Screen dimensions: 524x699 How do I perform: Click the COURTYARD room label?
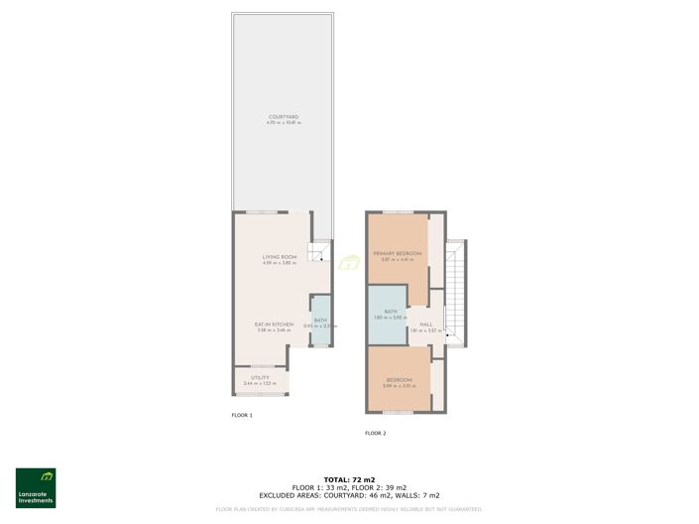click(283, 117)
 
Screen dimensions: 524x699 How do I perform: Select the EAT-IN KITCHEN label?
click(274, 324)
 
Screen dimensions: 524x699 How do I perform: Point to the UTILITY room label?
click(260, 377)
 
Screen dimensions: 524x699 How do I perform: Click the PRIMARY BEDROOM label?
click(398, 254)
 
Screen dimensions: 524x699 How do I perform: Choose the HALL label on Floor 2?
click(425, 325)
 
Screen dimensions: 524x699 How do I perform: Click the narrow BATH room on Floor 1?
click(320, 322)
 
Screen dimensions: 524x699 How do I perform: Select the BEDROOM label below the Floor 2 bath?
click(399, 380)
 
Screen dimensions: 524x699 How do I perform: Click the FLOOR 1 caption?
click(242, 415)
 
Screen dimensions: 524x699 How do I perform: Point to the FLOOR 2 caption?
click(375, 434)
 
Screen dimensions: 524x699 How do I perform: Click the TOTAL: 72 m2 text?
click(349, 479)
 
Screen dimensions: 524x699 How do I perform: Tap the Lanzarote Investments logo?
click(36, 487)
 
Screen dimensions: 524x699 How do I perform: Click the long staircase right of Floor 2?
click(454, 288)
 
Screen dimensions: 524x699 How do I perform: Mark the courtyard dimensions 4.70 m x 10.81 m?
click(283, 123)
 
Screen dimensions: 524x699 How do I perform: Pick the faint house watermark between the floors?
click(348, 263)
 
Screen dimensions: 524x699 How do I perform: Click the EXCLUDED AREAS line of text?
click(349, 495)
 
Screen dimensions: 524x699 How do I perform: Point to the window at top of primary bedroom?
click(399, 211)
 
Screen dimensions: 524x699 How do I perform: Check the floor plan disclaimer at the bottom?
click(349, 509)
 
